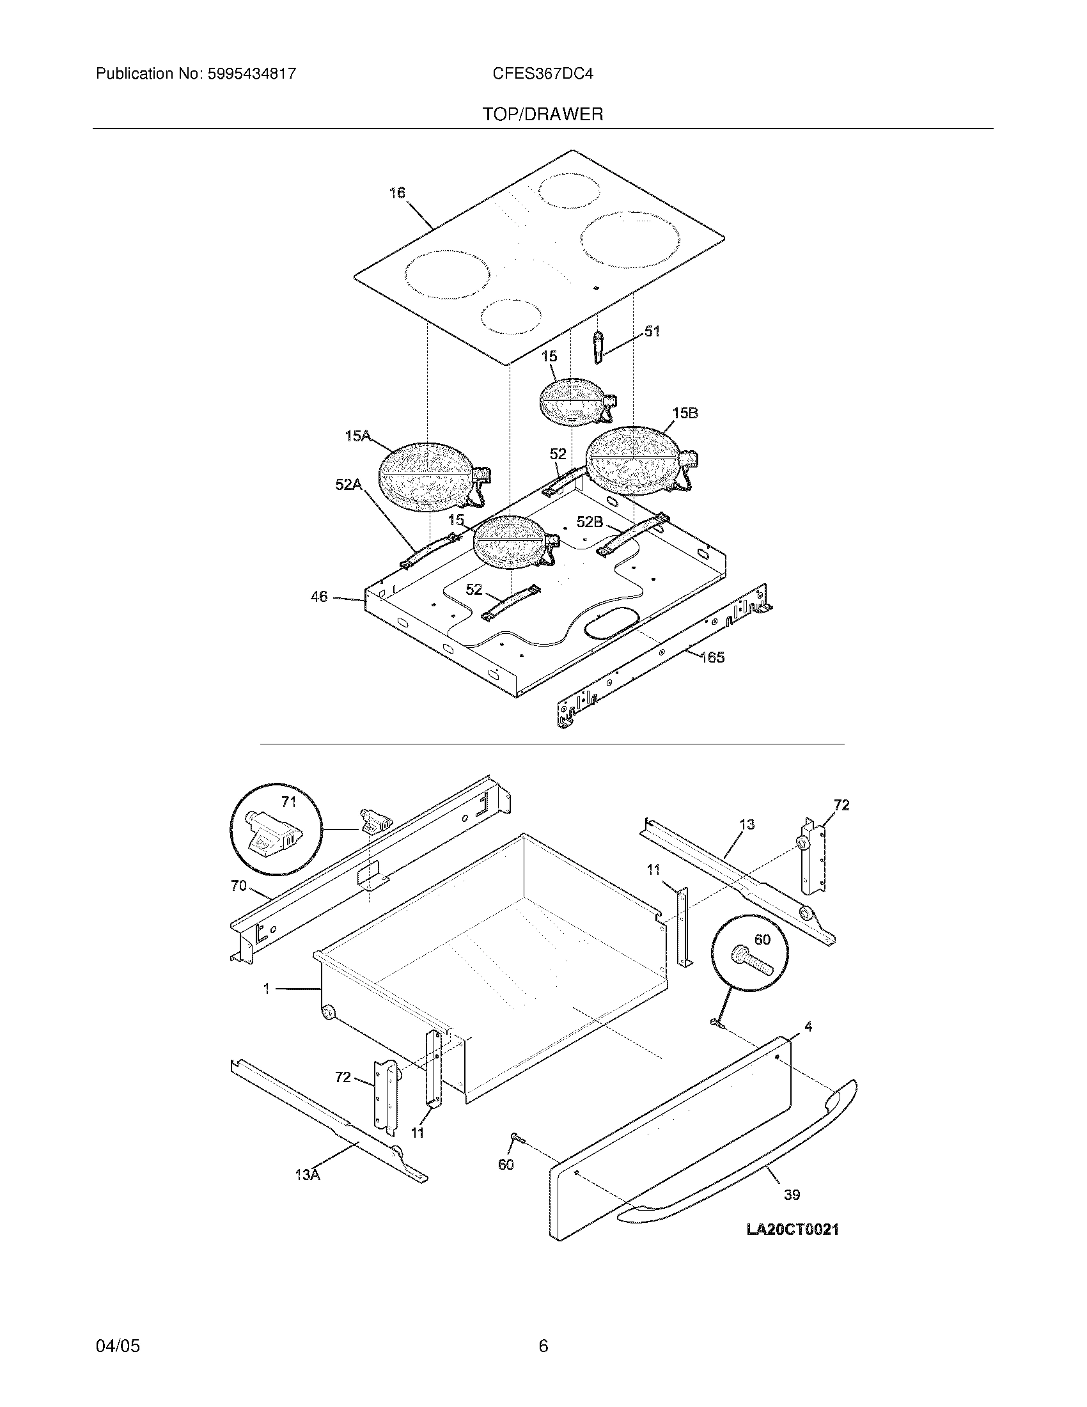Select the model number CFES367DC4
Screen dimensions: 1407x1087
click(x=543, y=74)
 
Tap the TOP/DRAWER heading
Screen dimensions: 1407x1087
click(x=543, y=114)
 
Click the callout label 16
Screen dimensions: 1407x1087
click(x=397, y=193)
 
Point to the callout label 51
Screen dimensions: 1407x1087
click(x=652, y=331)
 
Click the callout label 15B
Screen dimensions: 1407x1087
click(x=685, y=413)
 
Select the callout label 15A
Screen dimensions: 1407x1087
click(x=357, y=436)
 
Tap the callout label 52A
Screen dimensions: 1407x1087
click(x=348, y=485)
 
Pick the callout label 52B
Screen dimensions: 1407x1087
click(x=590, y=522)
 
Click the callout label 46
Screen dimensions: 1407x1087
click(x=319, y=597)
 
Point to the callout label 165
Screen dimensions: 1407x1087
click(x=712, y=657)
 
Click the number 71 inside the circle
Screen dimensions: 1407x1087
click(x=289, y=802)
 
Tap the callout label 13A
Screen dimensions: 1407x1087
click(x=307, y=1174)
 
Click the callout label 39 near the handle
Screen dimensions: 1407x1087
click(x=792, y=1195)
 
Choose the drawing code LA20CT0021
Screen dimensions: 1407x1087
click(x=793, y=1229)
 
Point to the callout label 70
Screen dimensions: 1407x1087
click(x=239, y=886)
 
